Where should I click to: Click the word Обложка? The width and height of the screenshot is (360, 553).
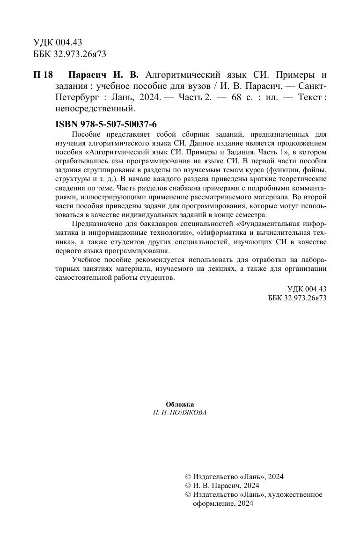[x=180, y=404]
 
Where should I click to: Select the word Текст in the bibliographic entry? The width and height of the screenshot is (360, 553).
[x=309, y=97]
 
